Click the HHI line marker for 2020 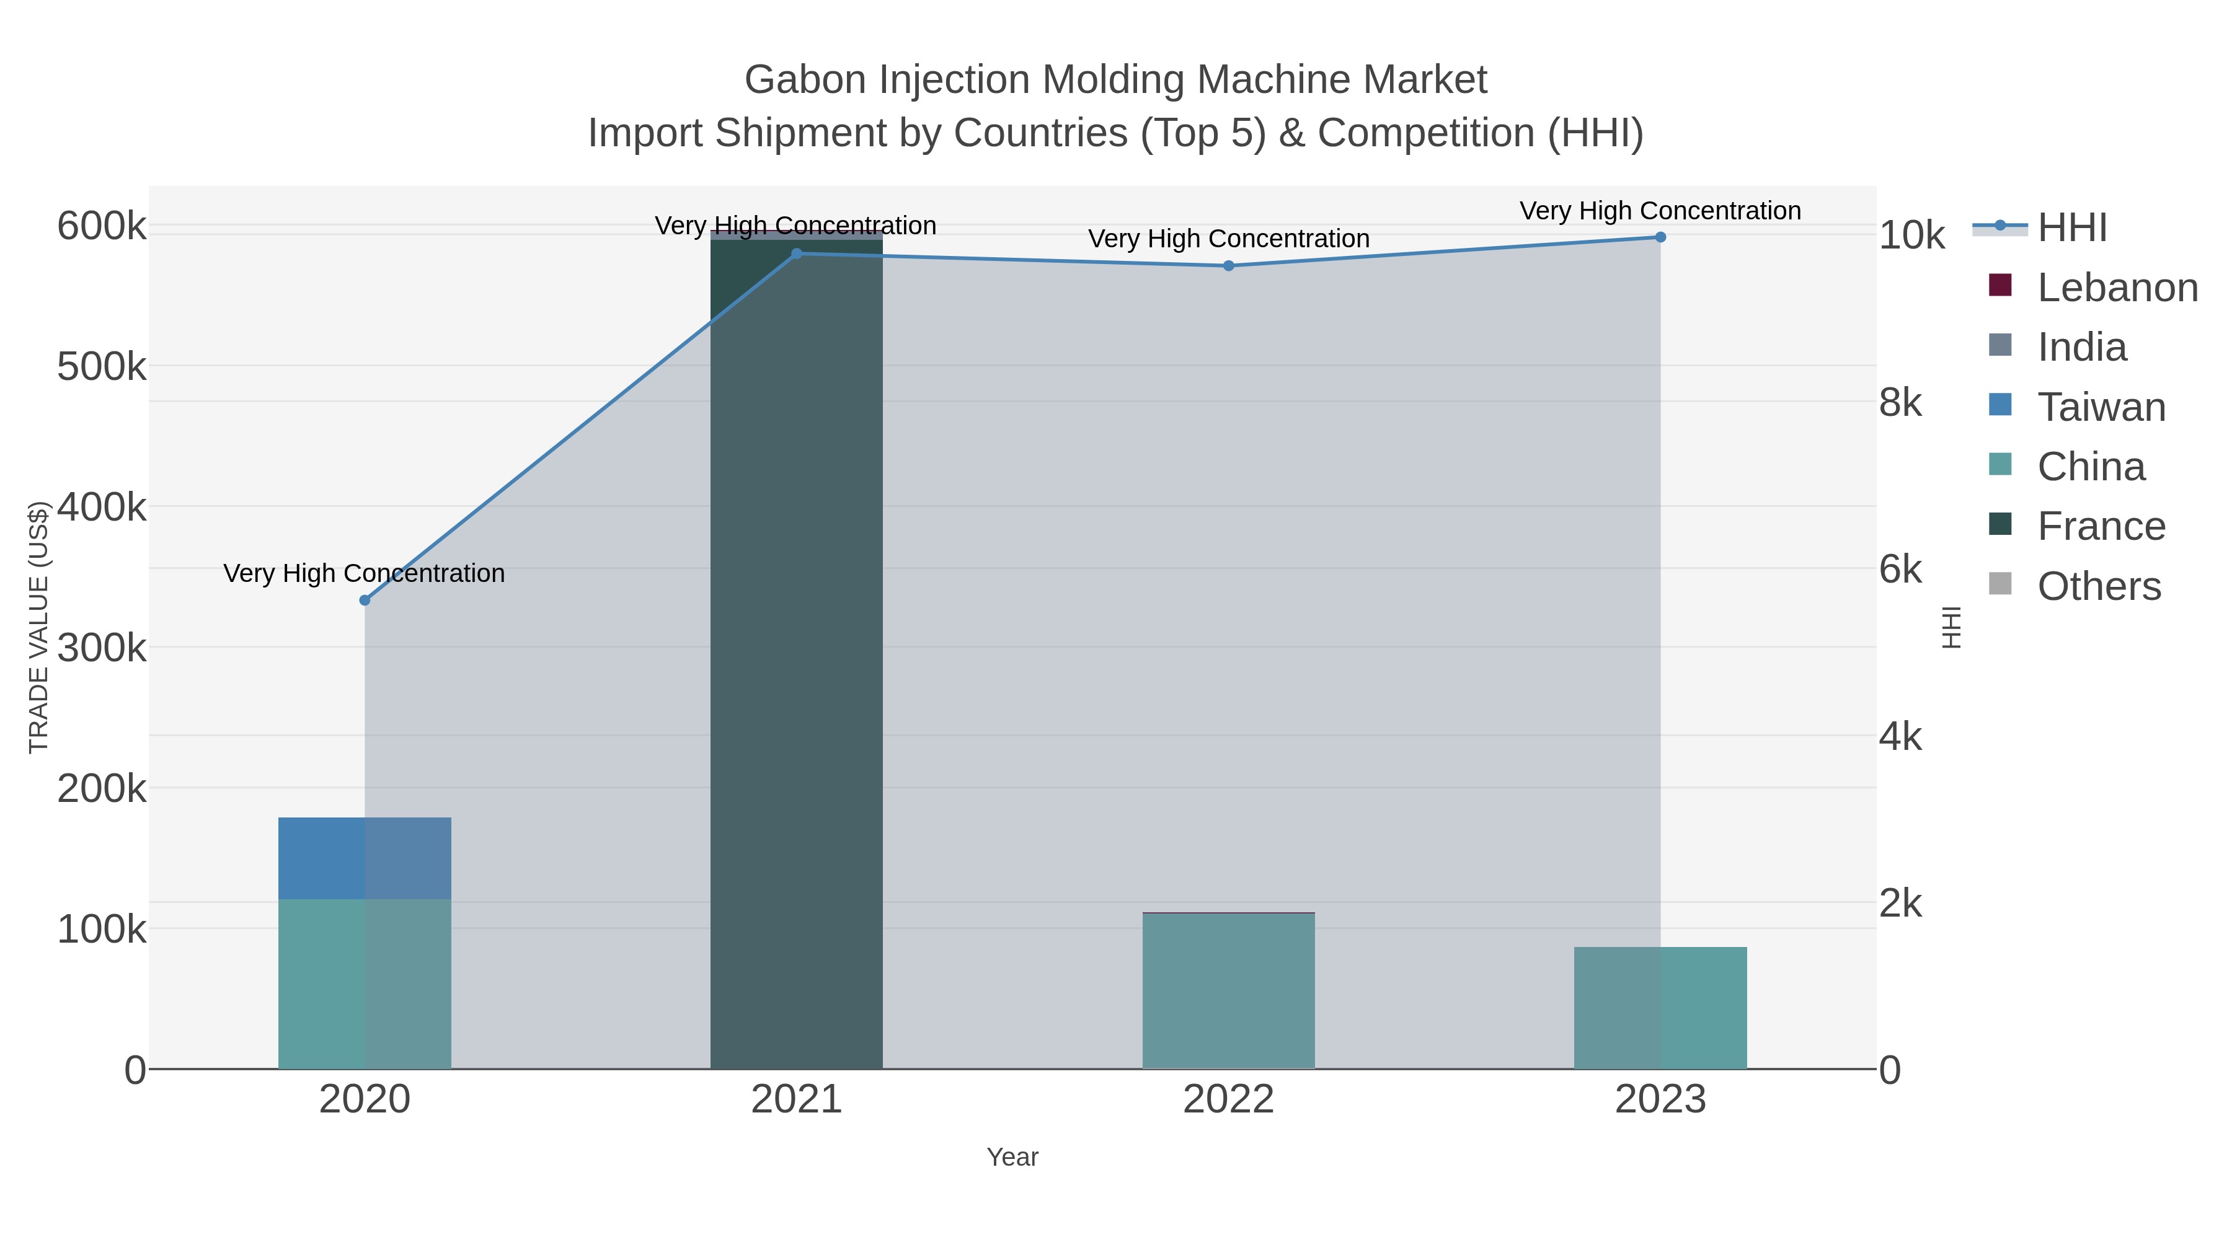(x=365, y=600)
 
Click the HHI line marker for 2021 (x=796, y=253)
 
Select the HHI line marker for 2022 (x=1229, y=266)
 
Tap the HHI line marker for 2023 (x=1660, y=237)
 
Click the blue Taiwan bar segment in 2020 (x=365, y=858)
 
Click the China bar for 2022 (x=1229, y=991)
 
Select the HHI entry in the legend (x=2071, y=228)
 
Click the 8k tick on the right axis (x=1900, y=403)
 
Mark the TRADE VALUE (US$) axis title (x=39, y=627)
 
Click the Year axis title (x=1012, y=1157)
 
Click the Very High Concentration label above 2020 (x=364, y=573)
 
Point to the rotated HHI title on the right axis (x=1951, y=627)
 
